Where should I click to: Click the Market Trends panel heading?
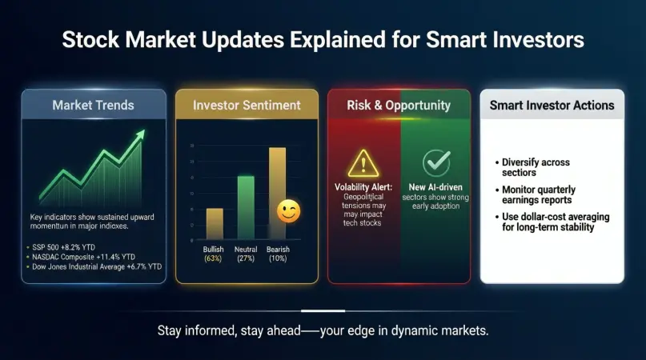[94, 106]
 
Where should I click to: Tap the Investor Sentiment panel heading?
[247, 106]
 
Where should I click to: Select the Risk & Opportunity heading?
[399, 106]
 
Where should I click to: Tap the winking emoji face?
[287, 211]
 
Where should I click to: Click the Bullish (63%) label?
[214, 254]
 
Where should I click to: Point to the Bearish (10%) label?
[277, 254]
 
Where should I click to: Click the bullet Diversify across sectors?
[532, 166]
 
